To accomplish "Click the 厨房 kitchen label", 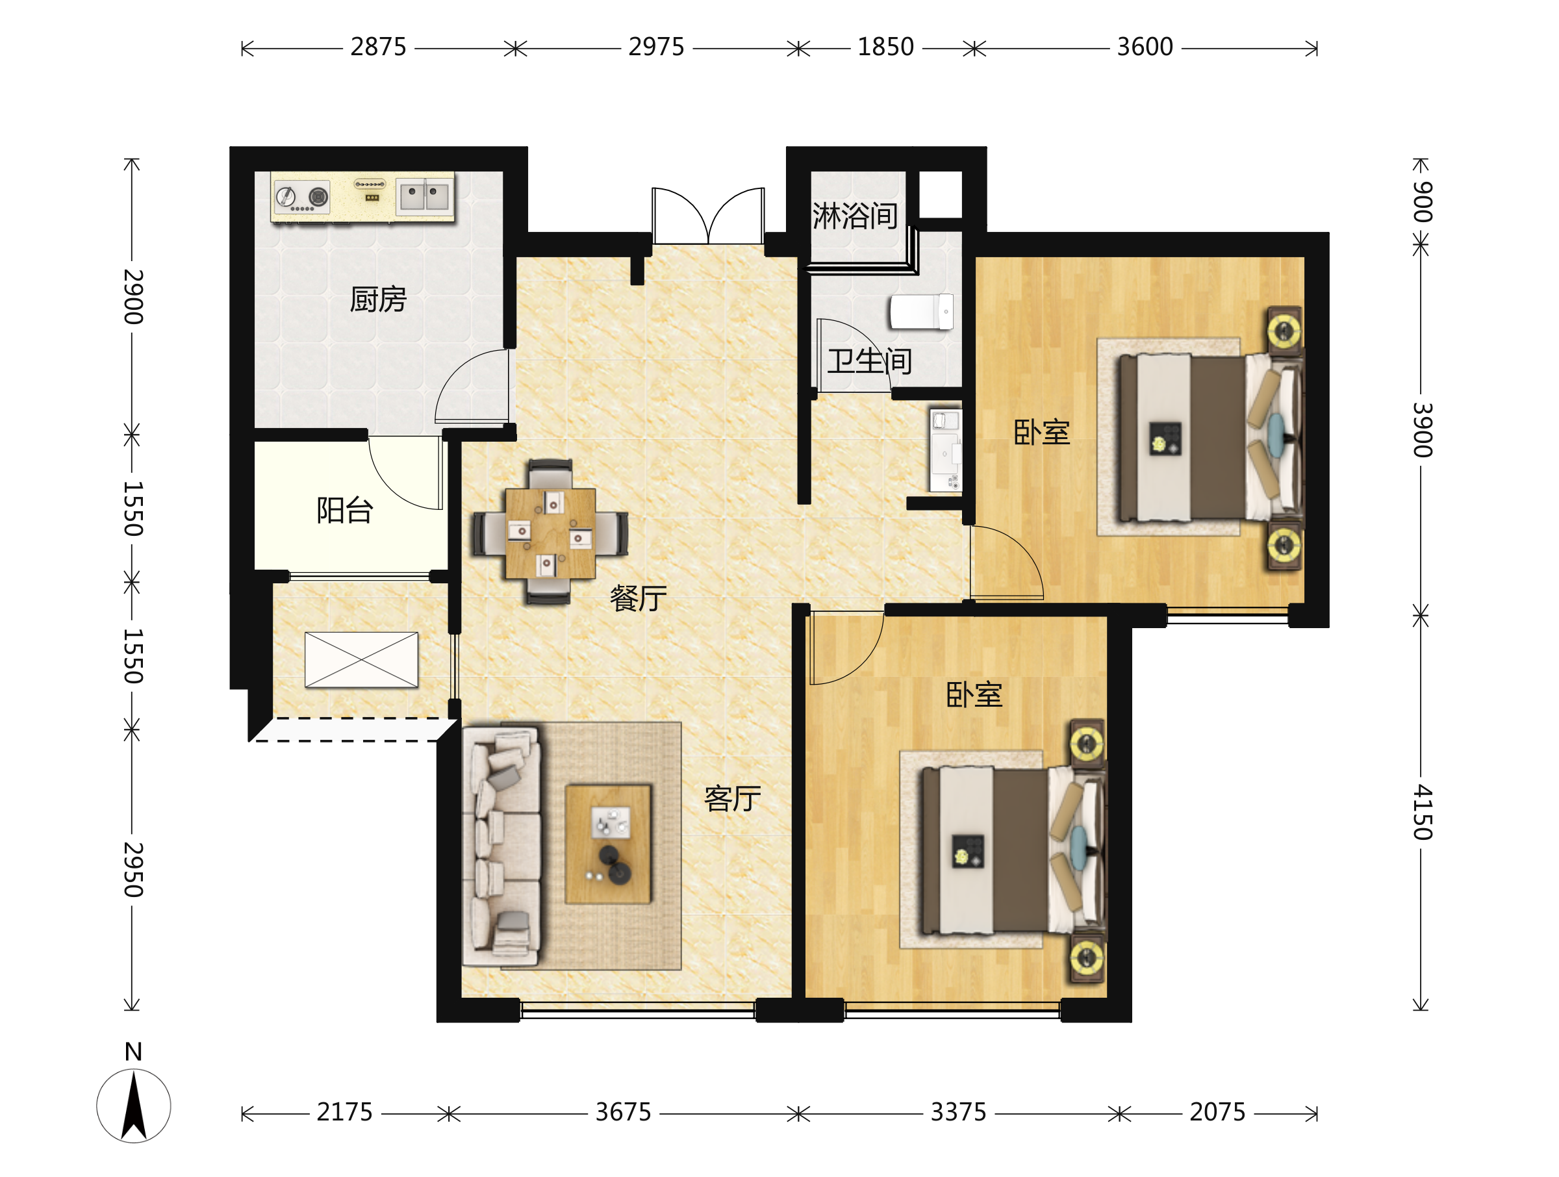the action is click(x=378, y=299).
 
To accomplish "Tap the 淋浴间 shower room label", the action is click(x=855, y=216).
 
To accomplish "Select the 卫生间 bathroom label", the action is click(x=870, y=361).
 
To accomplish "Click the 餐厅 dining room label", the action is click(x=638, y=598).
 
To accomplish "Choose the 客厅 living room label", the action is click(x=732, y=798).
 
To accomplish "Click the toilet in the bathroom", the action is click(x=922, y=312).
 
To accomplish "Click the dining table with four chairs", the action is click(x=550, y=532).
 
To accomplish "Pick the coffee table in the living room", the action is click(x=607, y=844).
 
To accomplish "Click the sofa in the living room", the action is click(x=501, y=846).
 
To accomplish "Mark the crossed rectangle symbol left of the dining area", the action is click(x=362, y=660).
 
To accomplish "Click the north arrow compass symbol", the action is click(x=134, y=1105).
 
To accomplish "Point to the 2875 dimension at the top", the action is click(x=379, y=47).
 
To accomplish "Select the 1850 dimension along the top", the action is click(x=885, y=47).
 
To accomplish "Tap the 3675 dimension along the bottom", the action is click(x=623, y=1112).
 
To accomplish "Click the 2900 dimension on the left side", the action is click(x=133, y=297).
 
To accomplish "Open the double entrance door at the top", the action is click(x=708, y=216).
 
